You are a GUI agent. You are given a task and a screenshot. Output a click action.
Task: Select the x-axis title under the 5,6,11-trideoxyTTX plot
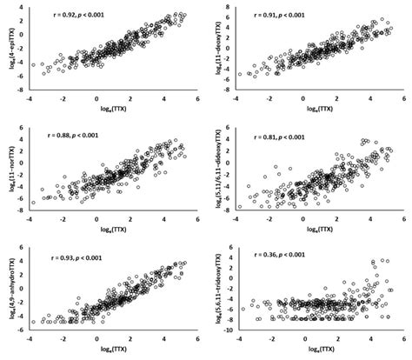pos(322,353)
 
